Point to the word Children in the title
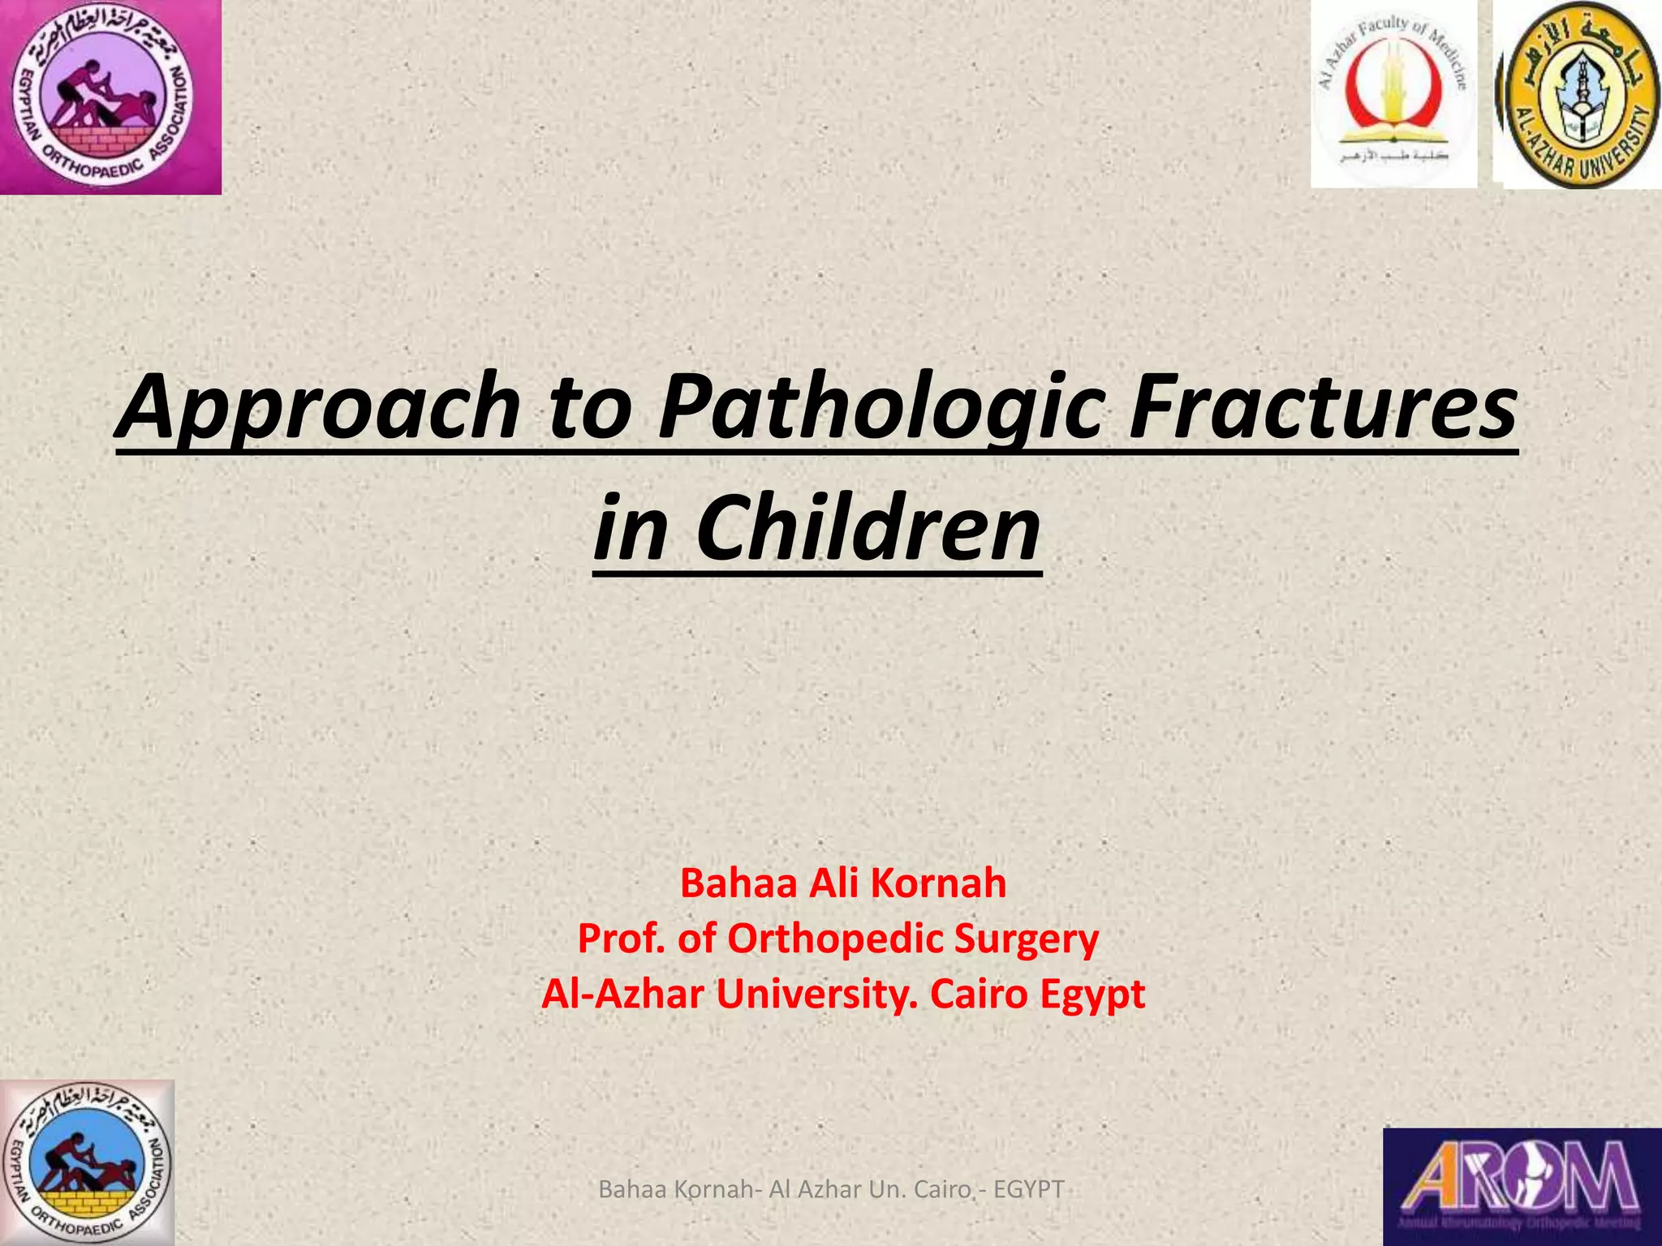pyautogui.click(x=868, y=529)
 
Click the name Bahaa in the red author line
pyautogui.click(x=738, y=883)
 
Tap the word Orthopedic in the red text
pyautogui.click(x=835, y=939)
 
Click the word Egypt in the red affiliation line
pyautogui.click(x=1092, y=995)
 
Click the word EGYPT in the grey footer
pyautogui.click(x=1028, y=1189)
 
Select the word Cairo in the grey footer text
pyautogui.click(x=942, y=1189)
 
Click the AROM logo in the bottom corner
pyautogui.click(x=1522, y=1186)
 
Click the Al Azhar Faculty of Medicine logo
pyautogui.click(x=1393, y=93)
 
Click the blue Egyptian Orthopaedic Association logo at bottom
pyautogui.click(x=87, y=1162)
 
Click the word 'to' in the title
pyautogui.click(x=589, y=408)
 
